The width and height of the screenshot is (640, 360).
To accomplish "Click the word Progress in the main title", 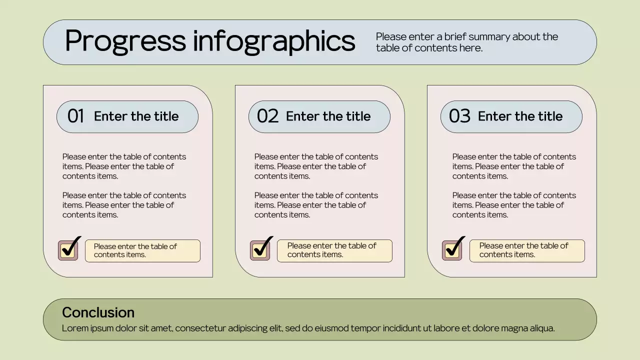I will [125, 41].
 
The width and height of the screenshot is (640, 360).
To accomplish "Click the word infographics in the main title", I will [274, 41].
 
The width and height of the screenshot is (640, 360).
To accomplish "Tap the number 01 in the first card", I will [75, 116].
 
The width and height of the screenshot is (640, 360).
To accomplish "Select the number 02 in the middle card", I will [267, 116].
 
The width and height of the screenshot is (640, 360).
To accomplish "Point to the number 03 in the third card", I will [459, 116].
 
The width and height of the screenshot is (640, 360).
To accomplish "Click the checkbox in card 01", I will [68, 250].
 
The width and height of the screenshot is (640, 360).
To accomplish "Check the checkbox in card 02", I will [260, 250].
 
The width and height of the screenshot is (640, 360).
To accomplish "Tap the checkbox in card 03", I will [452, 250].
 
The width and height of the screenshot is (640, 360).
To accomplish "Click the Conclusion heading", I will [98, 312].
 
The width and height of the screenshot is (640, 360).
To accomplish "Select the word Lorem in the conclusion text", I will [73, 328].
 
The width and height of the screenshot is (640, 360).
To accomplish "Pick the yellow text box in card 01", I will [142, 250].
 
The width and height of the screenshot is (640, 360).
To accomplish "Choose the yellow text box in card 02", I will [334, 250].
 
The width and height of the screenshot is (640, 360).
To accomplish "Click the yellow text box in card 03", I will [526, 250].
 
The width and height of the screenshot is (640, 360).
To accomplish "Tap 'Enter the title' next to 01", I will [136, 116].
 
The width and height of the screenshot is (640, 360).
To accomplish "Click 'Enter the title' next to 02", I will [328, 116].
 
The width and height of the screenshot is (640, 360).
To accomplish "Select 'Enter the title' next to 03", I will [520, 116].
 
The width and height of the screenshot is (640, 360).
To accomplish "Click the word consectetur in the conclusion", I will [200, 328].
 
